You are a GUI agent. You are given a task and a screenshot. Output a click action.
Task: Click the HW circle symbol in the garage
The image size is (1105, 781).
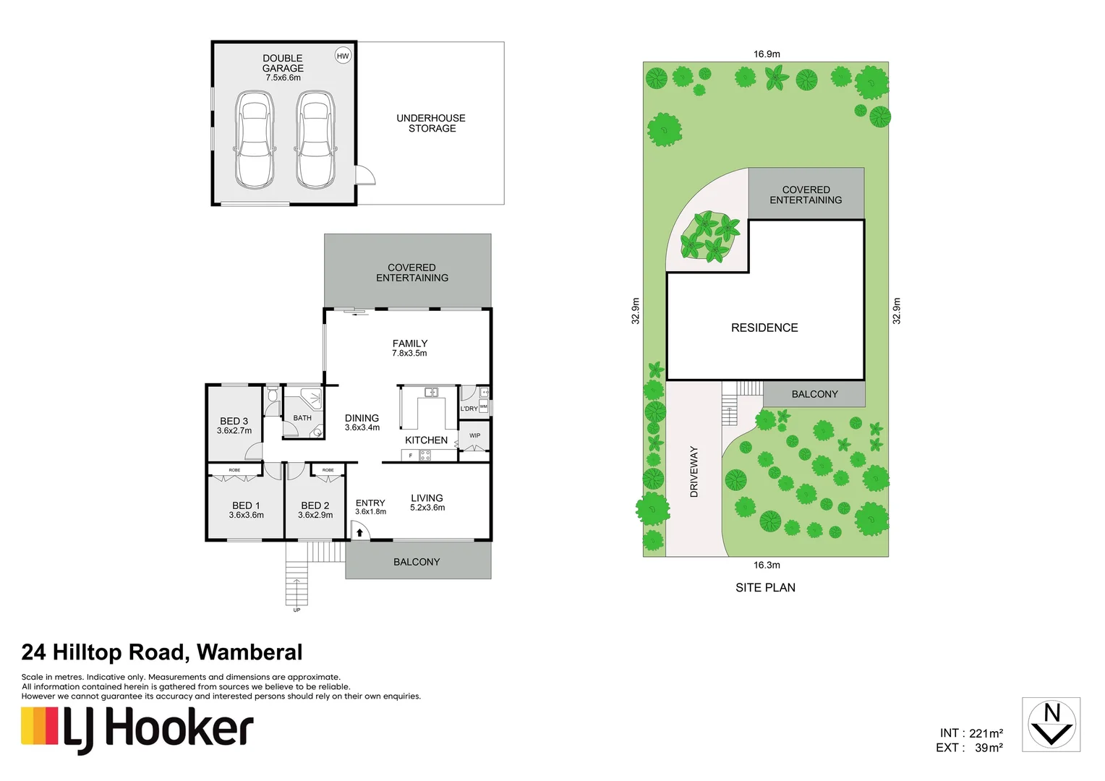343,56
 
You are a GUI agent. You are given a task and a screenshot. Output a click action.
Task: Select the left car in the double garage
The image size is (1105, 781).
255,140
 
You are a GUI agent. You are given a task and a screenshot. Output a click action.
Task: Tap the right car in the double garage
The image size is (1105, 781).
315,140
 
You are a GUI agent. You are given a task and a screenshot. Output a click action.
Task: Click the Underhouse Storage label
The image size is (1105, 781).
431,123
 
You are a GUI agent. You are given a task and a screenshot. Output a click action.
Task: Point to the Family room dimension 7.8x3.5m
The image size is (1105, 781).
409,354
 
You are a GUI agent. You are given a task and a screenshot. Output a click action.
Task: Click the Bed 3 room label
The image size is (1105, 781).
234,421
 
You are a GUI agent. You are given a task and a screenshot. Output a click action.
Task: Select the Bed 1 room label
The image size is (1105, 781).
246,505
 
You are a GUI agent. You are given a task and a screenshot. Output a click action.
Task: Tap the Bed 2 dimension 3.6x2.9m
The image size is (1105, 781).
315,515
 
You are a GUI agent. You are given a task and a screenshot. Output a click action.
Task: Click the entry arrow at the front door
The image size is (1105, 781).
359,533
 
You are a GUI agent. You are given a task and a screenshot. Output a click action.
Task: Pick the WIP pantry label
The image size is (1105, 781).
474,435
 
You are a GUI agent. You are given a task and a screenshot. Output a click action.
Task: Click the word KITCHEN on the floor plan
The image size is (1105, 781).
426,440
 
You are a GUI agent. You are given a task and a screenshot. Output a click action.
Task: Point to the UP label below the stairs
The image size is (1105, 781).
296,610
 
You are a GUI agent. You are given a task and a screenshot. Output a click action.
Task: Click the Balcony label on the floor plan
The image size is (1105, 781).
417,562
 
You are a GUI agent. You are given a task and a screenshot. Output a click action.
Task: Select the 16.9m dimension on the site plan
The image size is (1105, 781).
767,54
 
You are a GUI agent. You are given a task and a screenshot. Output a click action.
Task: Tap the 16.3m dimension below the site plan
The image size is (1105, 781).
767,565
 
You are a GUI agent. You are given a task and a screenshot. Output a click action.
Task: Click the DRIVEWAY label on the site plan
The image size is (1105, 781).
694,471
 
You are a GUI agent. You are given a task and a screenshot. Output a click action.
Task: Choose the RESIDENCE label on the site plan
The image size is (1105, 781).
764,328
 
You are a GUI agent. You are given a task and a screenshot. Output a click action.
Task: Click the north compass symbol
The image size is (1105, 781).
1051,725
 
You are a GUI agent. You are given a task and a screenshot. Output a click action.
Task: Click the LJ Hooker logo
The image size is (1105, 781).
137,729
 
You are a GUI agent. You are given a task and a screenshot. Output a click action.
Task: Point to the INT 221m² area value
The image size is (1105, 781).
971,733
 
